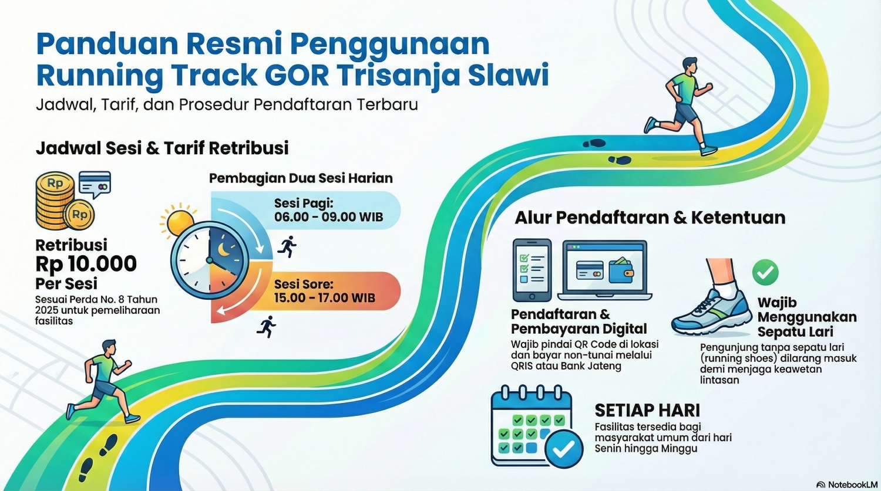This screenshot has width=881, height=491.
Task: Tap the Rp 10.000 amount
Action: (x=86, y=264)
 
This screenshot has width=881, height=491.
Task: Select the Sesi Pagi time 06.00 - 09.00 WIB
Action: (x=328, y=217)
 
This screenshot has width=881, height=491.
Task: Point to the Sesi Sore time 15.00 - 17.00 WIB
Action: (x=324, y=298)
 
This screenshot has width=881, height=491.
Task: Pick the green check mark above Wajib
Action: (x=765, y=272)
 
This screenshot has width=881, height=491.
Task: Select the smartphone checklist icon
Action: (x=532, y=270)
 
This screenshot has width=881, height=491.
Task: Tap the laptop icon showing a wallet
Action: (x=605, y=270)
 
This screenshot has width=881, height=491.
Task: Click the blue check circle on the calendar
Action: (x=564, y=449)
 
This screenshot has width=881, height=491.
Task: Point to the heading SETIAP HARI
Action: (x=647, y=410)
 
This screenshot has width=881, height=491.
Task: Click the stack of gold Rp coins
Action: (x=56, y=202)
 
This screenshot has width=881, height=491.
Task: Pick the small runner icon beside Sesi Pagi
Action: (x=287, y=247)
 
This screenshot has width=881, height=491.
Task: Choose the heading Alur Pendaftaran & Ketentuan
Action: (x=650, y=218)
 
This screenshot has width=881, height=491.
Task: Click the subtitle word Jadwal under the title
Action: (x=64, y=105)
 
